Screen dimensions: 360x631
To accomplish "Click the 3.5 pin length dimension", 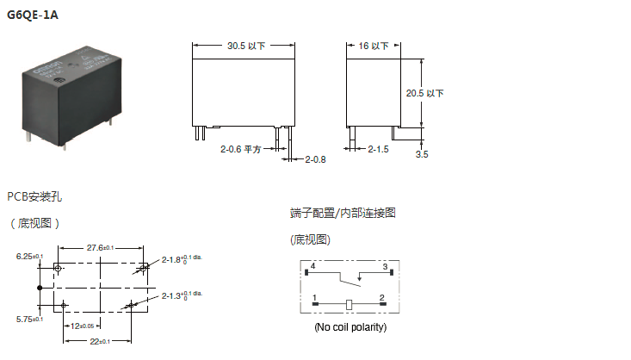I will point(422,155).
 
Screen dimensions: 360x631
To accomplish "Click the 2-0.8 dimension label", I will point(316,159).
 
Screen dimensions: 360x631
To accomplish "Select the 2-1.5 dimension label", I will point(379,149).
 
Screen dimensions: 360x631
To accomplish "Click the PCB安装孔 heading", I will point(34,196).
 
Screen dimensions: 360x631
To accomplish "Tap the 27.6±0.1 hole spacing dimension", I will point(100,247).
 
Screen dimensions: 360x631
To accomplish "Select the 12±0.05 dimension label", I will point(83,326).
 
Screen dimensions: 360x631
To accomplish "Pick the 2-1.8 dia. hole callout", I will point(181,259).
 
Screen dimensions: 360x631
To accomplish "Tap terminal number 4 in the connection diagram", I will point(312,267).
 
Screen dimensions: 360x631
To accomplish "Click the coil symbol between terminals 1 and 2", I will point(349,304).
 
